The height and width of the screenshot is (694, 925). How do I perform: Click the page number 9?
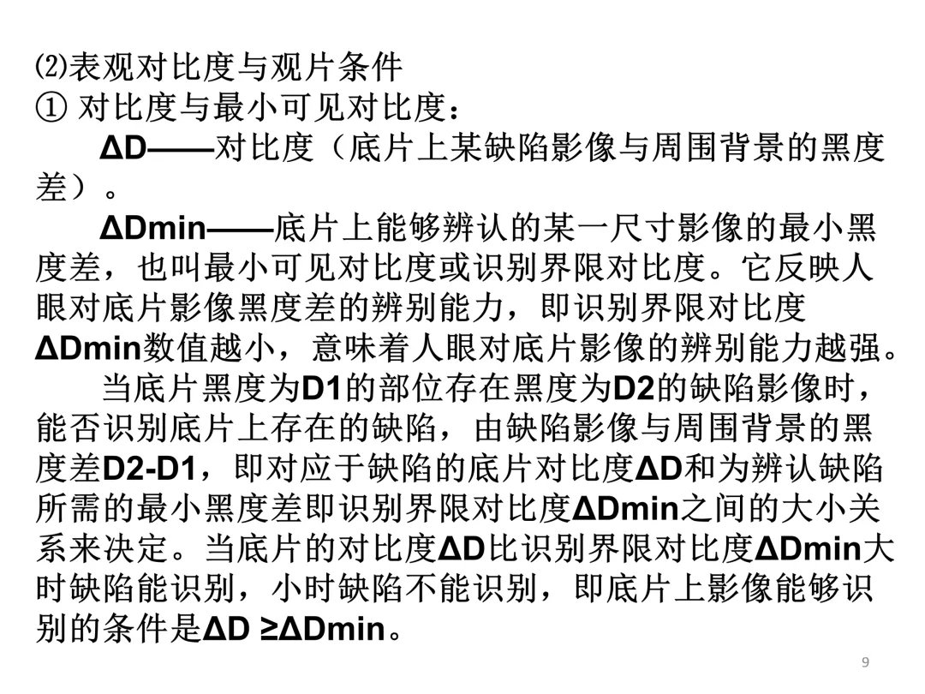tap(865, 661)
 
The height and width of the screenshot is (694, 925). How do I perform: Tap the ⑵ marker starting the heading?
tap(50, 66)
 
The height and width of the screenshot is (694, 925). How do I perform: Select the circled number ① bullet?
tap(51, 108)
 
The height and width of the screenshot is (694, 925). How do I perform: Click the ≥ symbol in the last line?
tap(269, 630)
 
